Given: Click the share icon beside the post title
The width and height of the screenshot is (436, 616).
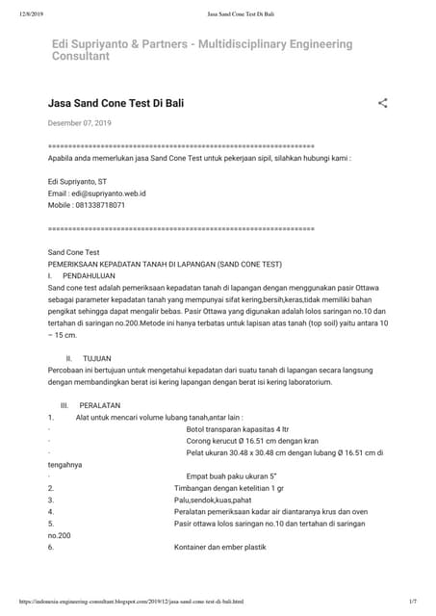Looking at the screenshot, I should click(x=382, y=102).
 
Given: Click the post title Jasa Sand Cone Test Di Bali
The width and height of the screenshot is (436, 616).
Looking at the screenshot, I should click(x=115, y=102).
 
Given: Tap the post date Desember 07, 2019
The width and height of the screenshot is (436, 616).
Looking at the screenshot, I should click(x=80, y=123).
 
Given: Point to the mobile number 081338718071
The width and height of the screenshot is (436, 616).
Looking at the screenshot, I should click(x=100, y=205).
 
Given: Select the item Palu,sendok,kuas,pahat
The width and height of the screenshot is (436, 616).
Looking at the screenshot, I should click(x=213, y=500).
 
